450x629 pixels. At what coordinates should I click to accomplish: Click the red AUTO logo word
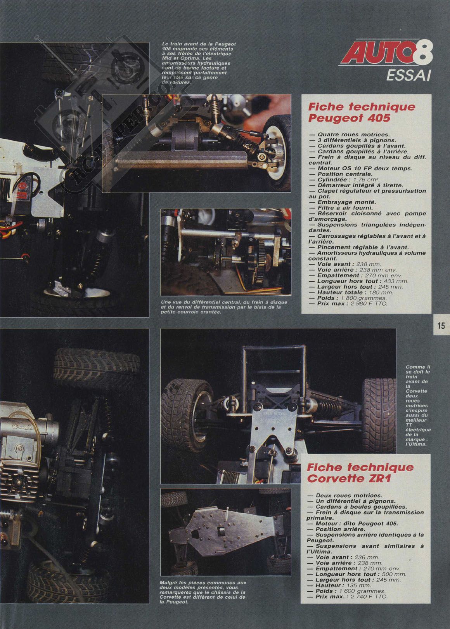[377, 52]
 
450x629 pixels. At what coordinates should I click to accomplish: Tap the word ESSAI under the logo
[408, 75]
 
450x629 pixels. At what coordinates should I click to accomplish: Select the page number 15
[441, 326]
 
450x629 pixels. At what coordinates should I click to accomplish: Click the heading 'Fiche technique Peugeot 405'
[362, 112]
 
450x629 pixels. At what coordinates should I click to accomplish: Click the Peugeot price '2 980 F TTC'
[369, 304]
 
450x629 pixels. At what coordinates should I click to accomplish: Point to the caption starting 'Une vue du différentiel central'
[224, 307]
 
